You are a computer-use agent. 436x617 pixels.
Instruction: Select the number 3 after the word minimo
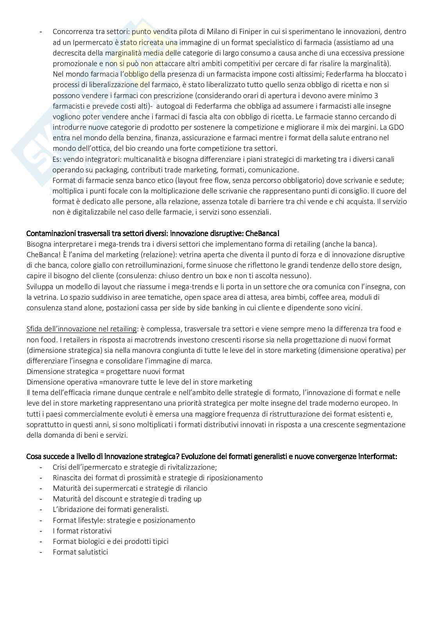376,95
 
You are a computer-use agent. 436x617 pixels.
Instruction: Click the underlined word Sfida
34,329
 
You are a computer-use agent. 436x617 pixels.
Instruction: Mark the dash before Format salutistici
41,552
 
